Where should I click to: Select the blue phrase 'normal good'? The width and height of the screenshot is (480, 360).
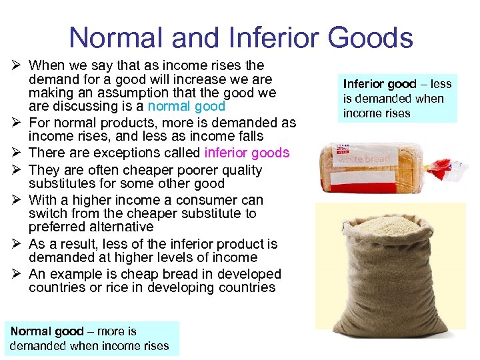[x=187, y=106]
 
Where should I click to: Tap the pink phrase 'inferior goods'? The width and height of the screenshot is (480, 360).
[x=247, y=153]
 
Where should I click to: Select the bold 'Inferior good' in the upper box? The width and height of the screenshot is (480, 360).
[x=379, y=84]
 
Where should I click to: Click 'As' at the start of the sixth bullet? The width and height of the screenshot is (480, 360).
[x=37, y=244]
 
